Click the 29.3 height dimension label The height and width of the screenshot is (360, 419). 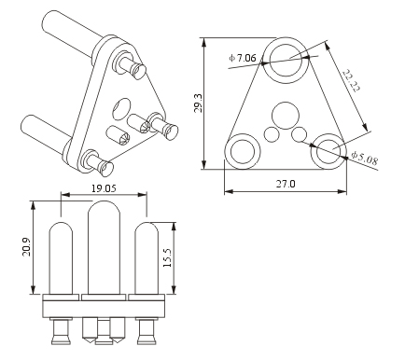pos(199,104)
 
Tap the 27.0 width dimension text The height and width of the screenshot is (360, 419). pos(286,184)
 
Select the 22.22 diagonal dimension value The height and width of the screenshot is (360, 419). pos(352,80)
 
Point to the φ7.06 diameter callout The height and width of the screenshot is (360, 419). pos(243,58)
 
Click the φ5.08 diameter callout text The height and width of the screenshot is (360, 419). pos(364,158)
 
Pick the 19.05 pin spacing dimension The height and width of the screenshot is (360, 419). pos(104,188)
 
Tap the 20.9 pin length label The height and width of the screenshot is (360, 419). pos(26,247)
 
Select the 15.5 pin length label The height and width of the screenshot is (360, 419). pos(167,257)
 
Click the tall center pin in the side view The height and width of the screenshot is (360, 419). pos(104,247)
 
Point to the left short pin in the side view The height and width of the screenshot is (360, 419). pos(61,258)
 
